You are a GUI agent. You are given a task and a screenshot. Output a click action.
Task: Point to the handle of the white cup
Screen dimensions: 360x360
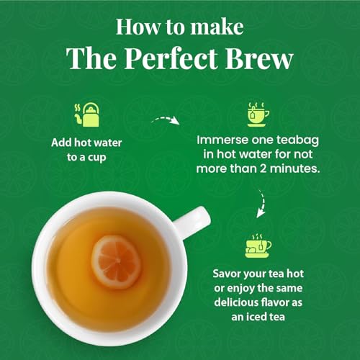pos(194,219)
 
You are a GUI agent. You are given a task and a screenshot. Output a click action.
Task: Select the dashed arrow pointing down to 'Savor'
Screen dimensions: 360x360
pos(261,208)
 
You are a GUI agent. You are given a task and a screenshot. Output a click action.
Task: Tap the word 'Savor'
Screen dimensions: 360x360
pos(228,274)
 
